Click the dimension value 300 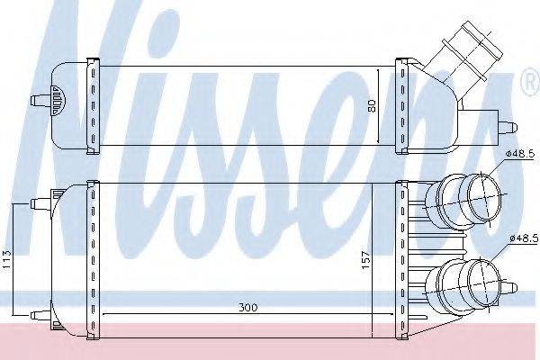pyautogui.click(x=248, y=307)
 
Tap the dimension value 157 pyautogui.click(x=365, y=260)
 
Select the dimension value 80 pyautogui.click(x=373, y=105)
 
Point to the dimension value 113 pyautogui.click(x=7, y=259)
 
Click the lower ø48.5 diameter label pyautogui.click(x=524, y=238)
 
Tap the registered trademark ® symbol pyautogui.click(x=531, y=82)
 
